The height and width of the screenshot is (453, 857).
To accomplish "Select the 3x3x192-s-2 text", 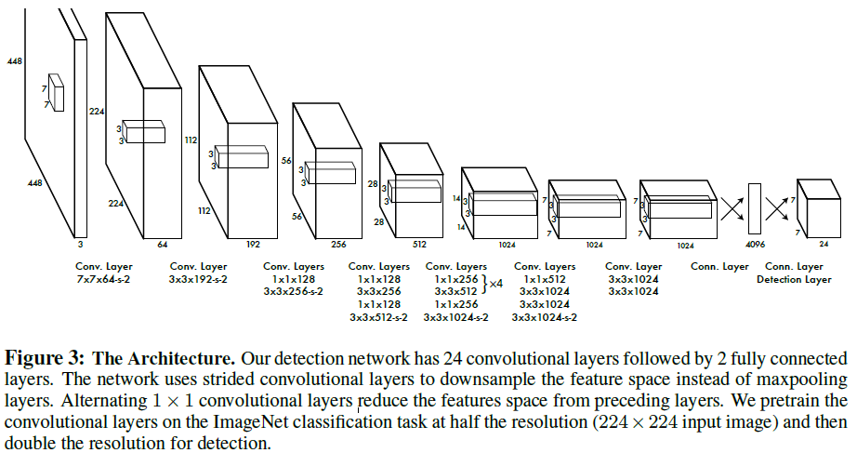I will (x=199, y=277).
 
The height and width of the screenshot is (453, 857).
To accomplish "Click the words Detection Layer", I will (x=794, y=277).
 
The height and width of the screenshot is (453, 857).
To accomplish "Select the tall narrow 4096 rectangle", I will (x=754, y=210).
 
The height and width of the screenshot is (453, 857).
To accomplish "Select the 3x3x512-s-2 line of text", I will (x=379, y=317).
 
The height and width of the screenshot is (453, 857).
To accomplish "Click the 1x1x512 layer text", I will (x=544, y=277).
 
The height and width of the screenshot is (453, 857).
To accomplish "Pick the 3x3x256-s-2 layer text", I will (x=294, y=290).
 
